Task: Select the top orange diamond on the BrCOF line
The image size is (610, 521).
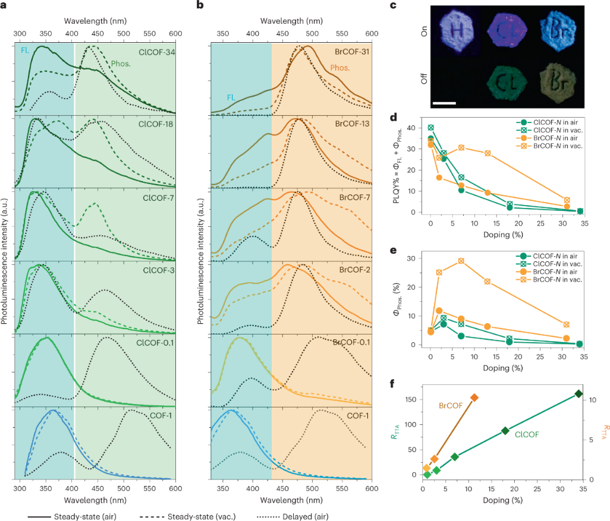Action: (x=474, y=397)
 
